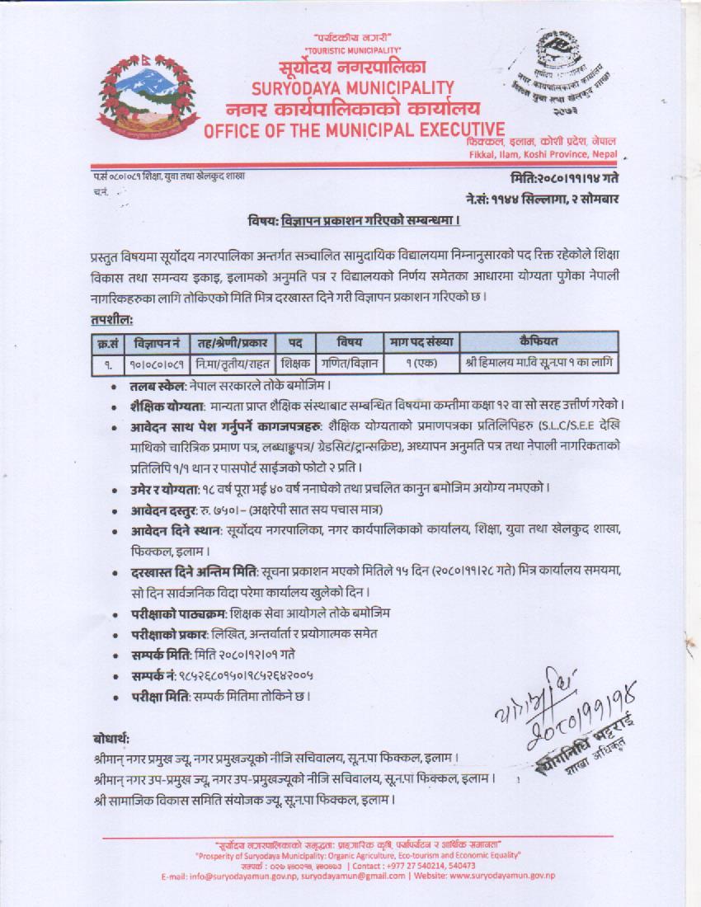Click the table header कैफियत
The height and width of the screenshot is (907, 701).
(x=538, y=341)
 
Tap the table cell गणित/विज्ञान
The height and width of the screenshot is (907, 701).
(x=350, y=362)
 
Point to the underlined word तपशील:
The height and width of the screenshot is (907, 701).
(x=111, y=319)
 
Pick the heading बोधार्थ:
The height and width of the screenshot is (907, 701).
(x=111, y=738)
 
